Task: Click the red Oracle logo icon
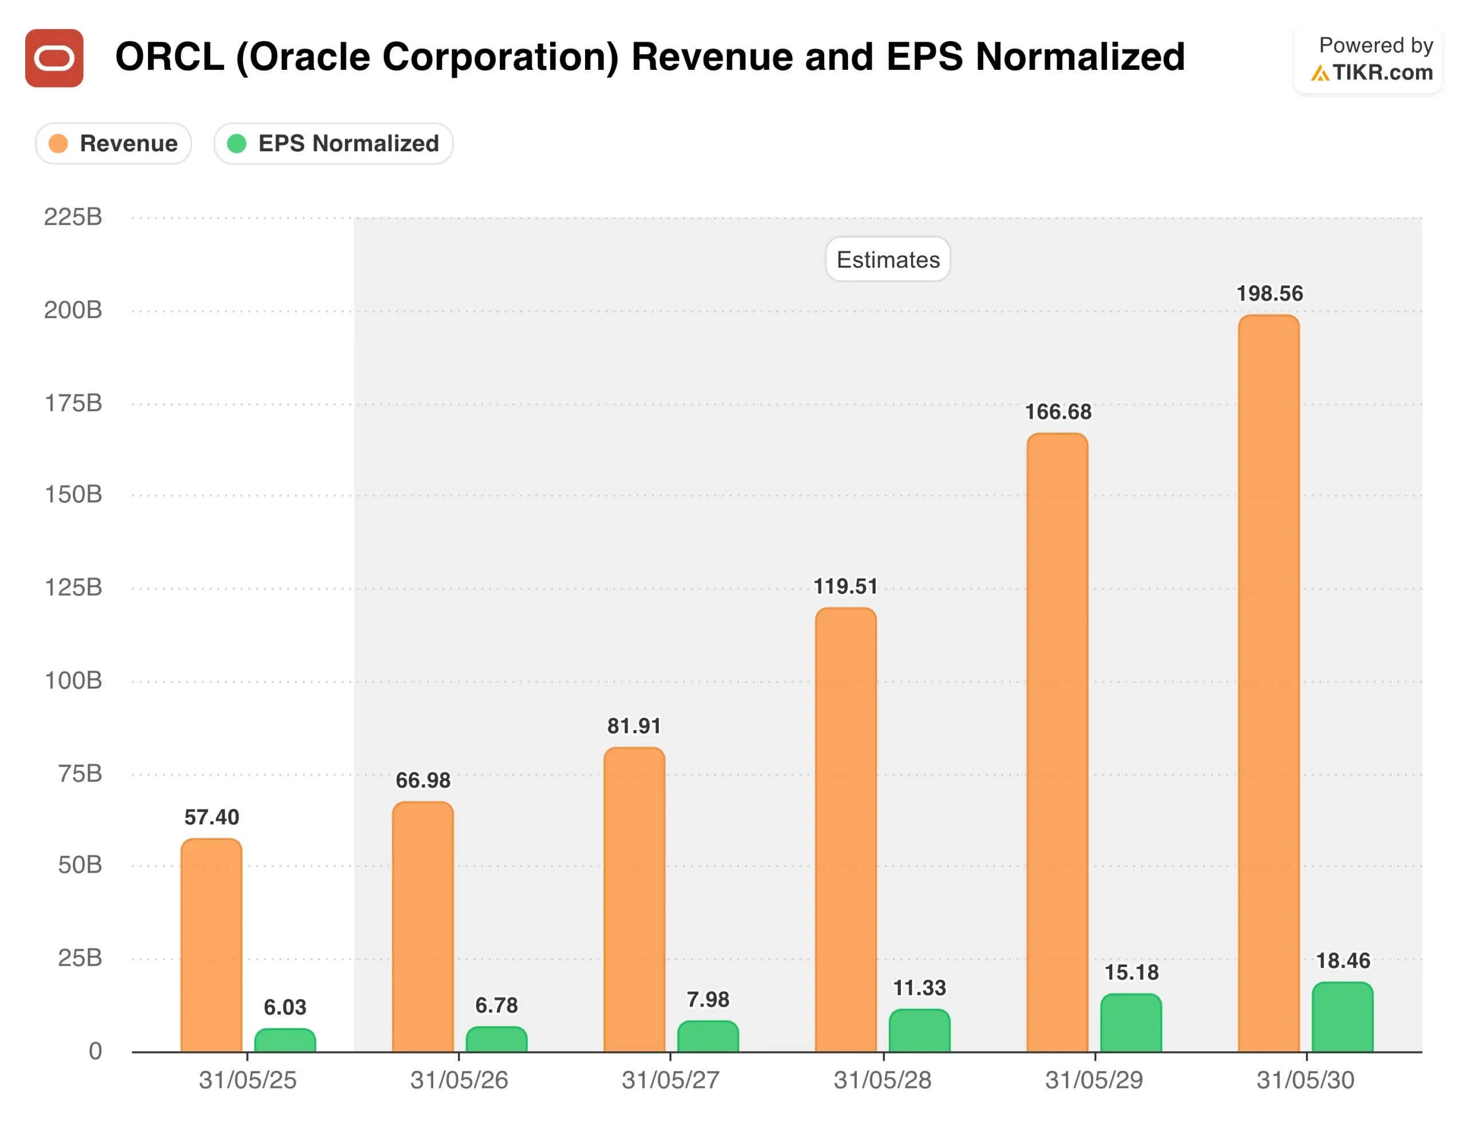pyautogui.click(x=54, y=58)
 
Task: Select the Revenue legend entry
pyautogui.click(x=113, y=143)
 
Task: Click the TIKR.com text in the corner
pyautogui.click(x=1382, y=73)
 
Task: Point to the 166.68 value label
pyautogui.click(x=1058, y=411)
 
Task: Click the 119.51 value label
pyautogui.click(x=846, y=586)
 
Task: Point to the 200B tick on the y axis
pyautogui.click(x=73, y=309)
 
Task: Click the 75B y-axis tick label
pyautogui.click(x=80, y=773)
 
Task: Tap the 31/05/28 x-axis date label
pyautogui.click(x=882, y=1080)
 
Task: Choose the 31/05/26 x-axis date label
pyautogui.click(x=459, y=1080)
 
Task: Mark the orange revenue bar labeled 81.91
pyautogui.click(x=634, y=900)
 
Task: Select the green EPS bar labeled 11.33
pyautogui.click(x=919, y=1031)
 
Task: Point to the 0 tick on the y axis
pyautogui.click(x=95, y=1051)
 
